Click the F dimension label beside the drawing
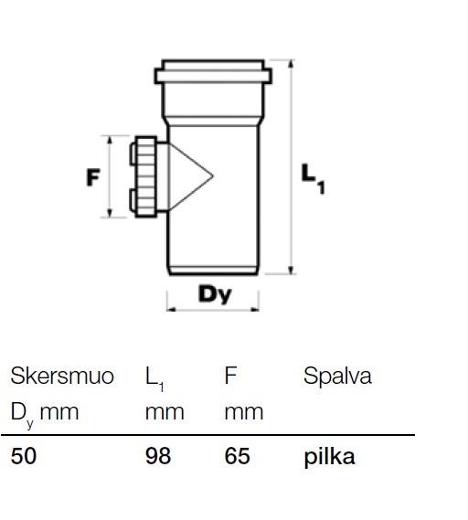coord(93,177)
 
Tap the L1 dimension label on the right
coord(314,178)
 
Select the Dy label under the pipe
coord(214,294)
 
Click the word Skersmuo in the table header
coord(62,377)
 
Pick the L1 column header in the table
coord(154,379)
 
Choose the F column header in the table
coord(230,376)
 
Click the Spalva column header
coord(337,377)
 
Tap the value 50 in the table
coord(24,456)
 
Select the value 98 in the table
coord(158,456)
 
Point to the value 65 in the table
coord(237,456)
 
